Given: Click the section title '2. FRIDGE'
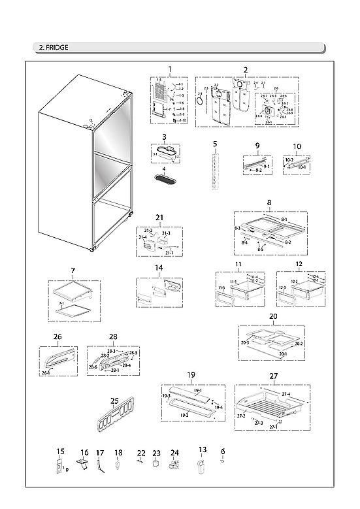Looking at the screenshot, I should pyautogui.click(x=54, y=47).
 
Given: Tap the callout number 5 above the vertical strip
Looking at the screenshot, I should pyautogui.click(x=214, y=142).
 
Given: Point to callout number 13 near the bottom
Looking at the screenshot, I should pyautogui.click(x=203, y=450).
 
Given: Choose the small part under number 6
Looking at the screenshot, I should pyautogui.click(x=223, y=461).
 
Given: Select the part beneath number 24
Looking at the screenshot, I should pyautogui.click(x=174, y=465).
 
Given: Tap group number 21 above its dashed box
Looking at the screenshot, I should pyautogui.click(x=159, y=216).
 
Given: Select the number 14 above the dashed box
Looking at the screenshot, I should pyautogui.click(x=158, y=268).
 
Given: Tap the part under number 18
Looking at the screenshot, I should pyautogui.click(x=118, y=465).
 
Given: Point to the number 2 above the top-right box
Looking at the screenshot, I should pyautogui.click(x=246, y=69).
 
